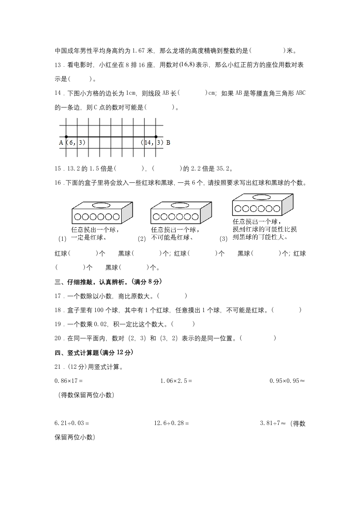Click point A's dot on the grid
click(66, 137)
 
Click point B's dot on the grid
click(156, 137)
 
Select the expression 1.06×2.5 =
click(176, 381)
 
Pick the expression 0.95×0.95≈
click(287, 381)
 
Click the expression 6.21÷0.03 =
click(71, 423)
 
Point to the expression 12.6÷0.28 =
click(171, 423)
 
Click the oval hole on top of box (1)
click(101, 206)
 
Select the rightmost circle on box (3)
click(277, 209)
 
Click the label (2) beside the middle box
click(142, 239)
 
